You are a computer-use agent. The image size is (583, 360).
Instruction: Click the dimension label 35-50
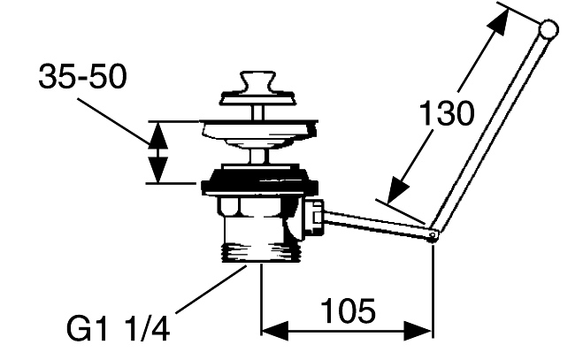82,78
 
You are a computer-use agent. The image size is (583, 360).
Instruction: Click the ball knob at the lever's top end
548,31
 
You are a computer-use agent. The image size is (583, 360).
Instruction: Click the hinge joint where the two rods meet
433,236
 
